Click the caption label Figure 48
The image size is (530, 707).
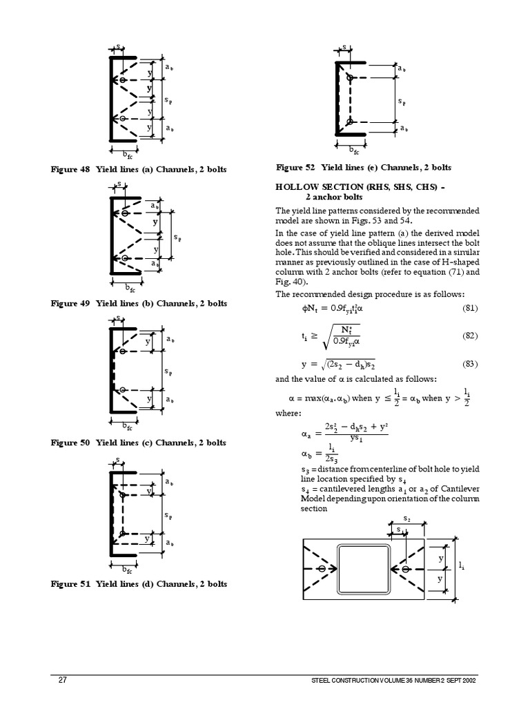coord(70,169)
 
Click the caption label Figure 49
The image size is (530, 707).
coord(70,303)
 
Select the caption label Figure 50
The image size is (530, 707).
coord(70,443)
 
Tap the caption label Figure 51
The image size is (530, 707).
coord(70,584)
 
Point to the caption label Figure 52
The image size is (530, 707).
coord(295,167)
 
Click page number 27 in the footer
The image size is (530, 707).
coord(62,680)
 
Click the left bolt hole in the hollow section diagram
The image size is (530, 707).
coord(322,569)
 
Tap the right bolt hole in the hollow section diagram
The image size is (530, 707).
coord(406,569)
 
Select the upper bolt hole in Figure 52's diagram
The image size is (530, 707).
coord(350,77)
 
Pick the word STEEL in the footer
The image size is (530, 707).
coord(322,681)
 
